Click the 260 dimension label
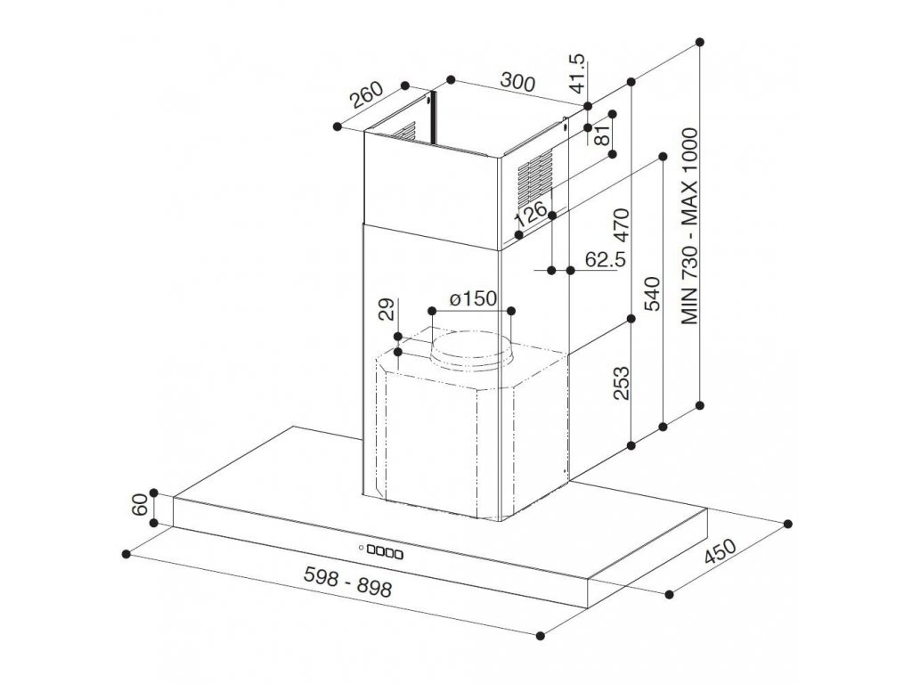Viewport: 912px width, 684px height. click(365, 97)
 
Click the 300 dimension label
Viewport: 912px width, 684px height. click(516, 84)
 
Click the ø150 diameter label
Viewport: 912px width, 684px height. click(471, 298)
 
